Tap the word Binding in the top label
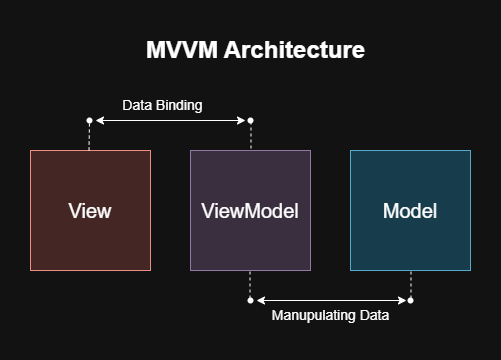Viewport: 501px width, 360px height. [x=184, y=104]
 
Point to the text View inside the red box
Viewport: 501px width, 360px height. [x=90, y=211]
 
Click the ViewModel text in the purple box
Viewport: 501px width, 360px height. [x=250, y=211]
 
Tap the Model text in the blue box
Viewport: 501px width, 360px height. [x=410, y=211]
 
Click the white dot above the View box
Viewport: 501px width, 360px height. [x=90, y=120]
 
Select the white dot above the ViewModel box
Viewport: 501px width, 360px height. [x=250, y=120]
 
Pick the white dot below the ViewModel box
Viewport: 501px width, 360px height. [x=250, y=299]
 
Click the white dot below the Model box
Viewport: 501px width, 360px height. [x=410, y=299]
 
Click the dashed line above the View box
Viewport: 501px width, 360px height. [x=90, y=137]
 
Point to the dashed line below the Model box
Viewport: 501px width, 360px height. [x=410, y=284]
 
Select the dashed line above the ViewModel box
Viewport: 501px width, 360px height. [x=250, y=137]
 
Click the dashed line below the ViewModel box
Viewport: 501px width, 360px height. [x=250, y=284]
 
